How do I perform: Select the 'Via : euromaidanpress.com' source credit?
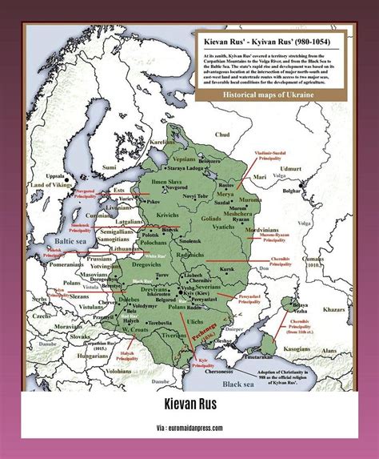click(189, 429)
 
